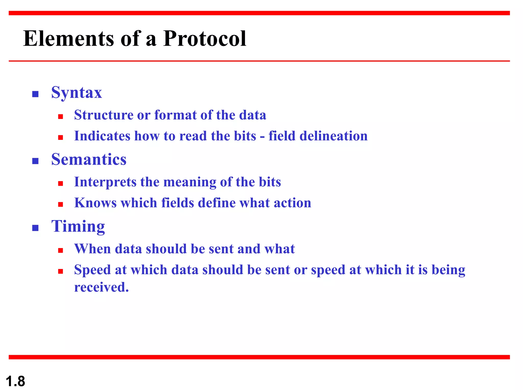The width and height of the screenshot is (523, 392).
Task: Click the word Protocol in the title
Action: click(x=205, y=39)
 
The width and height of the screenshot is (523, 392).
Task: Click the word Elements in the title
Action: click(x=68, y=39)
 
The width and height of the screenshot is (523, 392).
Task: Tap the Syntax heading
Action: click(x=77, y=93)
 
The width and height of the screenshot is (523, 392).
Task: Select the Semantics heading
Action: click(x=89, y=160)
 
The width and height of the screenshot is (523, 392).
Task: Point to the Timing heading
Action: click(x=78, y=226)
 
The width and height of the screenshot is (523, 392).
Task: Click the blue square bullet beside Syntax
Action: click(x=35, y=94)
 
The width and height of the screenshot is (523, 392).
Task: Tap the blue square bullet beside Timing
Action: click(x=35, y=228)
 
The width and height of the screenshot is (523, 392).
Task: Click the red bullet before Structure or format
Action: click(x=61, y=117)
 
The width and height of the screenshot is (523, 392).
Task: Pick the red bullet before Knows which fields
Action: click(x=61, y=204)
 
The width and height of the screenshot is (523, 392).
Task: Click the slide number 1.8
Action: click(x=15, y=381)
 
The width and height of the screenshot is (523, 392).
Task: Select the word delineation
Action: click(x=333, y=136)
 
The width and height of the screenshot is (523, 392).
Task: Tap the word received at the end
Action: click(x=101, y=287)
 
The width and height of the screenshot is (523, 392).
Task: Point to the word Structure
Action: click(x=104, y=115)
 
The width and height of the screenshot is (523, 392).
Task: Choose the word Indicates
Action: click(x=102, y=136)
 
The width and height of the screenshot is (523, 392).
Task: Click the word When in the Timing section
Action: click(x=92, y=249)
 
